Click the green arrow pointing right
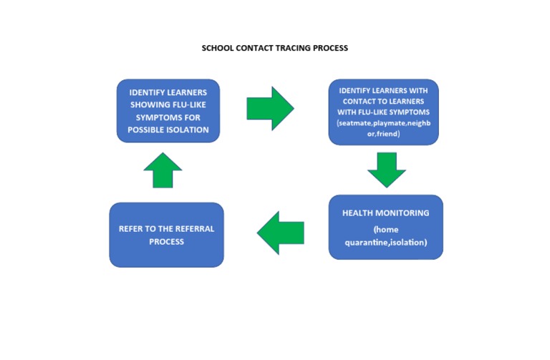270,107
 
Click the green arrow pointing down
386,170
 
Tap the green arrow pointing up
163,170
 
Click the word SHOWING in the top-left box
148,105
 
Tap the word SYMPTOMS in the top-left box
160,117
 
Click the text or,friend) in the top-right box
383,133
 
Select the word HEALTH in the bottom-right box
360,213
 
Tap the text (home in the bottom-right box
385,229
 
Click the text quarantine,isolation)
385,242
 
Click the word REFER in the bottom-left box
132,228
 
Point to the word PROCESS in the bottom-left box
166,241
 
